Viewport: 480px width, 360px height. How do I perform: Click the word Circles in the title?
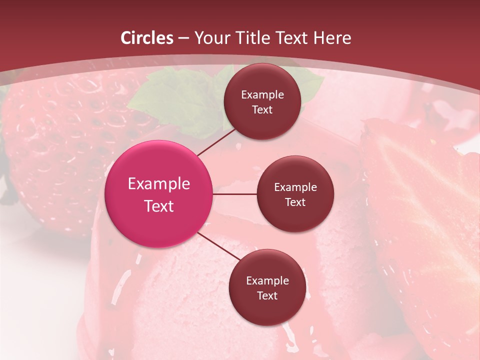147,38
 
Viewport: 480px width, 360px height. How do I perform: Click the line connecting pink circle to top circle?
216,142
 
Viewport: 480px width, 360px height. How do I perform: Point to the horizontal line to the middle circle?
235,194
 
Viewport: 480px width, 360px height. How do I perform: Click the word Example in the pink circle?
159,184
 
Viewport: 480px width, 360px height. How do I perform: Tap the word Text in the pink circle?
159,206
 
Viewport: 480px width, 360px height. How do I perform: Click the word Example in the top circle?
262,95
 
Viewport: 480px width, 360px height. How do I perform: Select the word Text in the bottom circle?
267,296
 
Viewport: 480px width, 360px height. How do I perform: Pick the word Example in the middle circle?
295,187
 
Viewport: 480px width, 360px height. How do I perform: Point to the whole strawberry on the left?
60,145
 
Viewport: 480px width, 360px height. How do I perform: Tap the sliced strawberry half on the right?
425,210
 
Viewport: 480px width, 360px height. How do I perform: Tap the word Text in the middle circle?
295,202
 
